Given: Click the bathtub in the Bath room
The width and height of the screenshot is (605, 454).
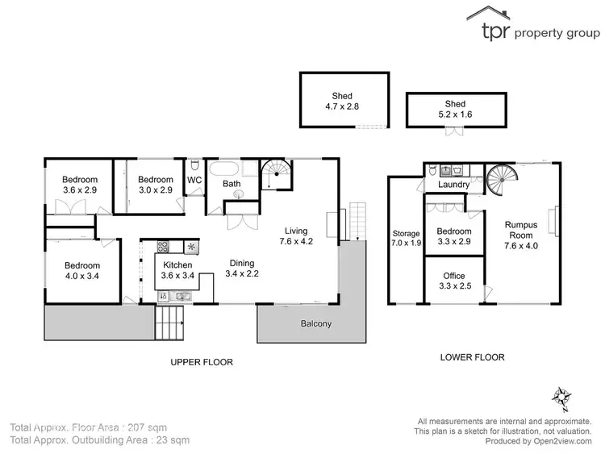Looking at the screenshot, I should [x=223, y=169].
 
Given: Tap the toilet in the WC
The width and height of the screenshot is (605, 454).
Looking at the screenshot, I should [x=194, y=195].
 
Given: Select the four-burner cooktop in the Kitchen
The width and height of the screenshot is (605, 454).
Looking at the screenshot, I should [x=162, y=247].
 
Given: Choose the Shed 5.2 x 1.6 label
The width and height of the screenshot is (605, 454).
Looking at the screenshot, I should [x=455, y=108].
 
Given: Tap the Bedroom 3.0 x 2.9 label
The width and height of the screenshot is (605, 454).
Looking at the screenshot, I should [x=155, y=185].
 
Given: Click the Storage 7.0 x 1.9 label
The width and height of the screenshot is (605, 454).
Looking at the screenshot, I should [x=406, y=238].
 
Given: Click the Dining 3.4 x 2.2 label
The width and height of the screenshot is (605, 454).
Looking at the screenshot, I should [x=241, y=269].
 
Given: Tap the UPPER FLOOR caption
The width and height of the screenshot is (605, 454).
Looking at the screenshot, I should [x=202, y=362].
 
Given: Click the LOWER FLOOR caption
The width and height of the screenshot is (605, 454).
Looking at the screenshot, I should [x=472, y=357].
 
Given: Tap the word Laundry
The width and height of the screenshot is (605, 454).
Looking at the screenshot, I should [x=453, y=185].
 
